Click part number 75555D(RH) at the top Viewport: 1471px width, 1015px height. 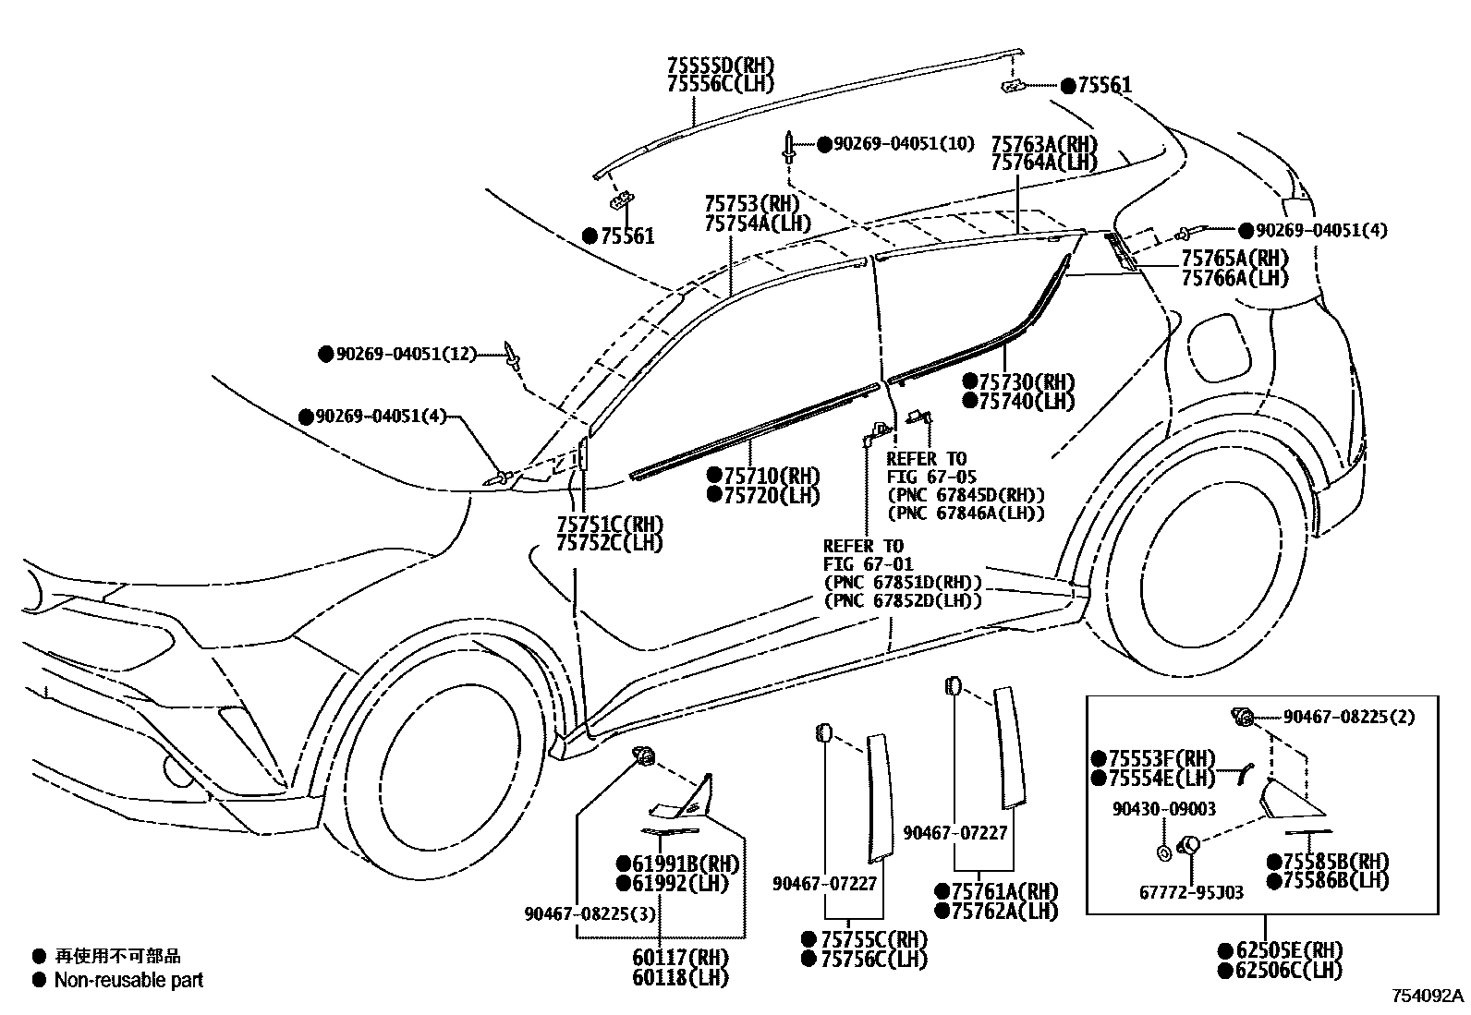pyautogui.click(x=720, y=66)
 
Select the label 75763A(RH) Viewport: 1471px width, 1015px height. pyautogui.click(x=1044, y=145)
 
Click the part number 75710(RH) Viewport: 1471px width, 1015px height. pyautogui.click(x=772, y=477)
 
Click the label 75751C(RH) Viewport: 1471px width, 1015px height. pyautogui.click(x=610, y=525)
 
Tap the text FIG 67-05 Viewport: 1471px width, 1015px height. pyautogui.click(x=931, y=477)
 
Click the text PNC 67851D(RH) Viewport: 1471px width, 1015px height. pyautogui.click(x=903, y=583)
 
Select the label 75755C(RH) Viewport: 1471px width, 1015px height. pyautogui.click(x=873, y=940)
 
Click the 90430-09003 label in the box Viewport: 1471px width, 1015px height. pyautogui.click(x=1163, y=809)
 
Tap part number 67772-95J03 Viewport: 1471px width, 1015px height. pyautogui.click(x=1191, y=892)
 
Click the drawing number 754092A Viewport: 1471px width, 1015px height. pyautogui.click(x=1428, y=997)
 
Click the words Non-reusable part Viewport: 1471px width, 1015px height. pyautogui.click(x=128, y=981)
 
